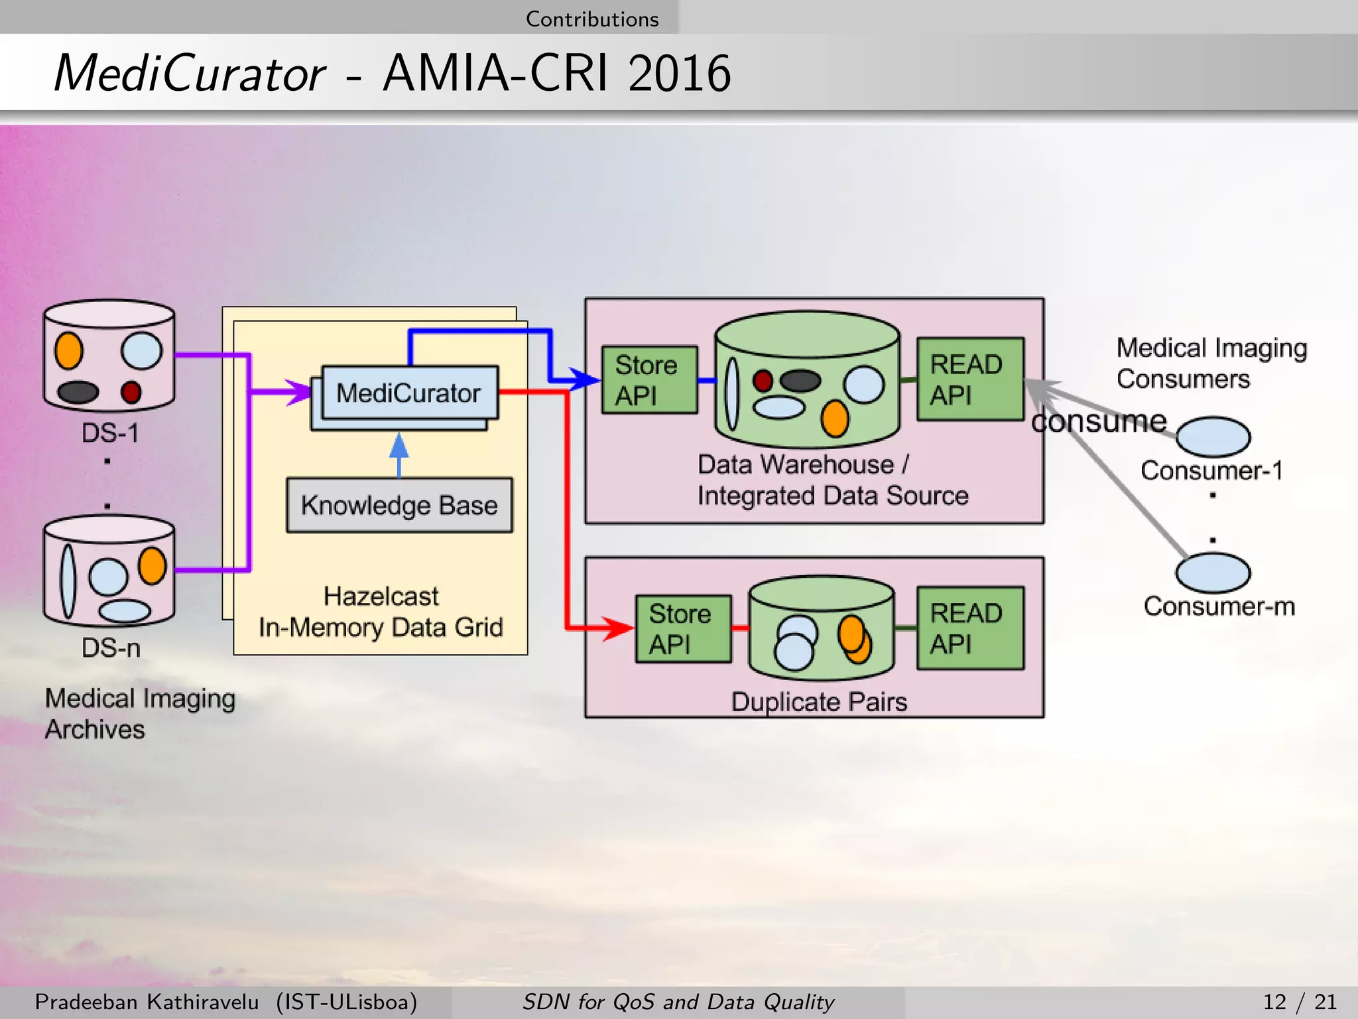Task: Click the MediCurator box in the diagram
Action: (408, 393)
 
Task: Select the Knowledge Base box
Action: (399, 505)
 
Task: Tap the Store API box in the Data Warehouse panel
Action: (648, 380)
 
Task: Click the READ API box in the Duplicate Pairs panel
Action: (969, 628)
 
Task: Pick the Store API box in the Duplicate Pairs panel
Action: (682, 628)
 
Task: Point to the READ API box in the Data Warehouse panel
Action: (969, 379)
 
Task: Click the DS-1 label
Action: (110, 433)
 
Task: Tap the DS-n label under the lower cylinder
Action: (111, 647)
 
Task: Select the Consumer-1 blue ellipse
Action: (1213, 437)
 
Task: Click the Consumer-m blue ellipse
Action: (1213, 573)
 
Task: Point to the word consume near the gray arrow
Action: (1099, 421)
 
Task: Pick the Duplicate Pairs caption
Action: (819, 702)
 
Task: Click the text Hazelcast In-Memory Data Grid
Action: (381, 612)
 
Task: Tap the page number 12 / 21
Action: (1299, 1002)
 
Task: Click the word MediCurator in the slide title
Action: (190, 73)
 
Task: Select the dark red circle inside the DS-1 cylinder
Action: (131, 392)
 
